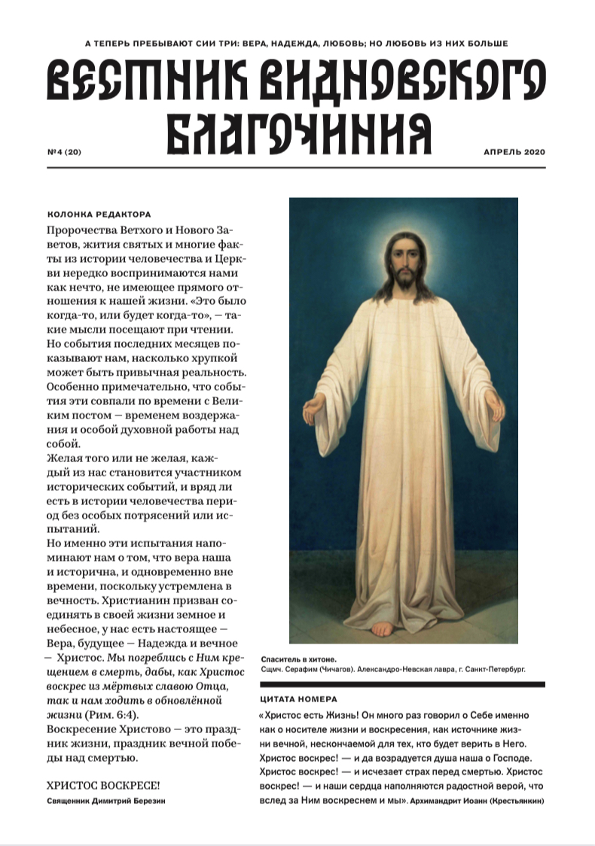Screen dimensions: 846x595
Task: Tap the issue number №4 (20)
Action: coord(63,152)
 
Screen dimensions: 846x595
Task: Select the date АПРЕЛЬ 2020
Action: coord(514,152)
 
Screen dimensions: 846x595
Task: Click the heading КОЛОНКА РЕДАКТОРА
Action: coord(99,214)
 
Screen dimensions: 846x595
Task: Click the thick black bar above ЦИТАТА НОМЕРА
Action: coord(401,684)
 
